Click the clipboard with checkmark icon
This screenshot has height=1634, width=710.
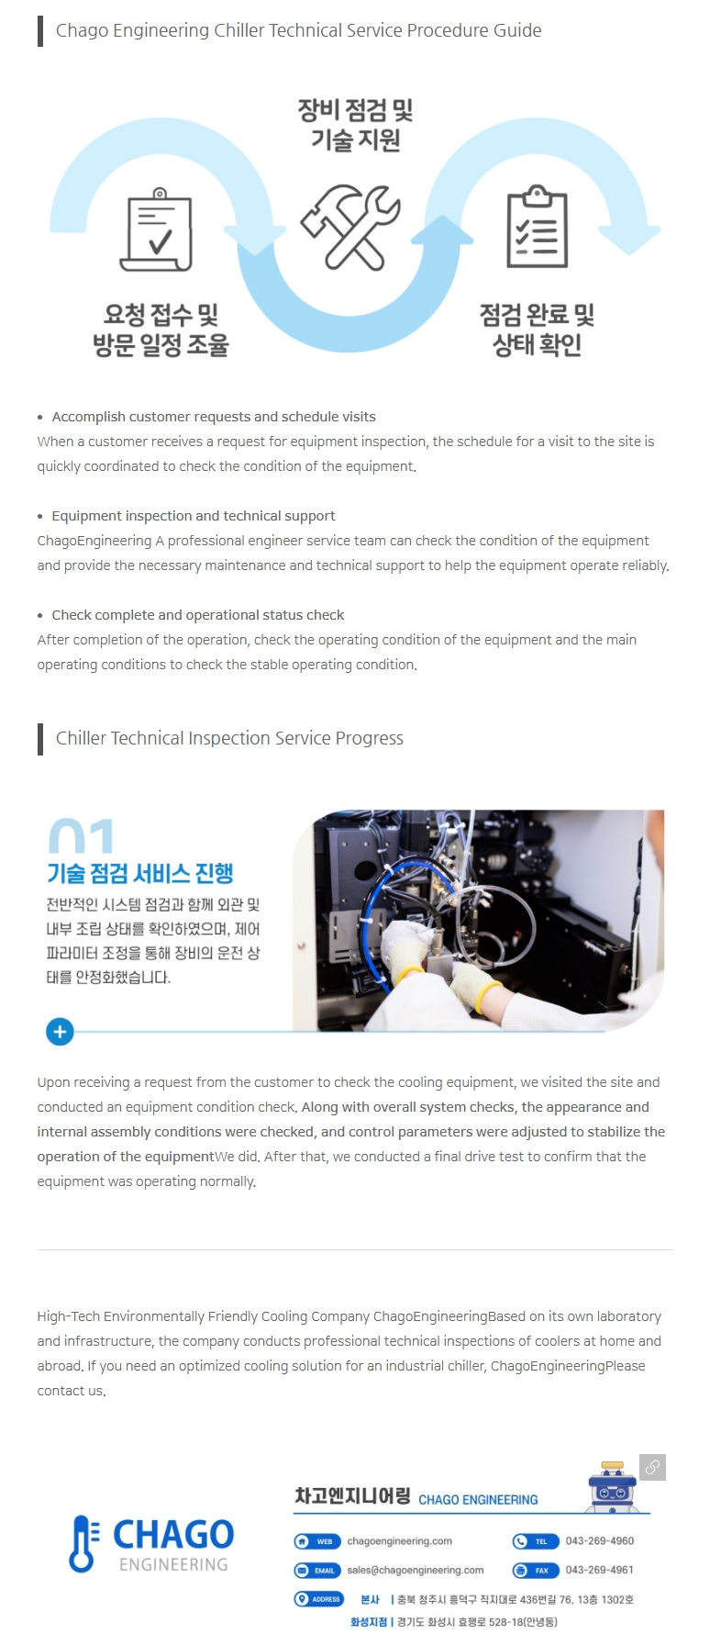[x=159, y=229]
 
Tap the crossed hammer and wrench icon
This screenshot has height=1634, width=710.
[x=351, y=227]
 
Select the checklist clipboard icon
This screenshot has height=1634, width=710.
[x=538, y=226]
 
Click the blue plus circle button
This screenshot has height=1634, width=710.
[x=60, y=1032]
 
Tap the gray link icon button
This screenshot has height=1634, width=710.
[x=652, y=1467]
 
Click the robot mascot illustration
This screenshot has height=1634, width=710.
[x=613, y=1487]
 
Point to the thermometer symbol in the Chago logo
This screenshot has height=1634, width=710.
[x=84, y=1543]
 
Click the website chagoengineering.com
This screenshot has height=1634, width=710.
[x=399, y=1541]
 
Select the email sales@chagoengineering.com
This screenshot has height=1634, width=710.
[x=415, y=1570]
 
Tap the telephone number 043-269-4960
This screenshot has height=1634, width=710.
[x=600, y=1541]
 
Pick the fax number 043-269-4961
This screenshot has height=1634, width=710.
[x=600, y=1570]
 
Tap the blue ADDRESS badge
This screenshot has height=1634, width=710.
[x=318, y=1599]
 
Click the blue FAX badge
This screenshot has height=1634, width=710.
[x=536, y=1570]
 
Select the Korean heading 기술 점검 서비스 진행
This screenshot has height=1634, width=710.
[x=140, y=873]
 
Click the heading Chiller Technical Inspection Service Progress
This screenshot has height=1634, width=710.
[x=229, y=738]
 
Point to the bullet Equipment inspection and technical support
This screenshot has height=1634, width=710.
[x=194, y=516]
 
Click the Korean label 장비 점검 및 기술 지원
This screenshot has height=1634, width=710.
[x=356, y=125]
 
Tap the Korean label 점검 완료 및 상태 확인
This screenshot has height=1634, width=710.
[x=538, y=330]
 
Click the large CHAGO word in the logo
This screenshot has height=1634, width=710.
[x=173, y=1534]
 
